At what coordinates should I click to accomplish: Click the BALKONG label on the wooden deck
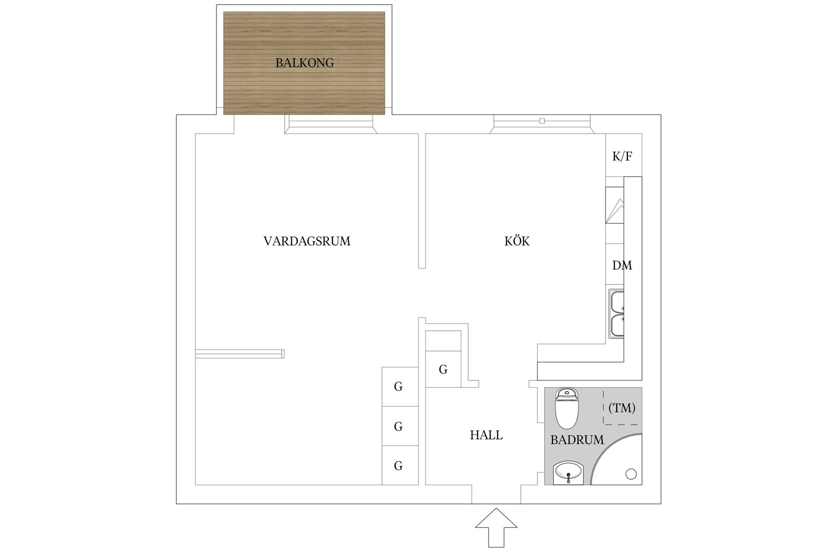(x=305, y=63)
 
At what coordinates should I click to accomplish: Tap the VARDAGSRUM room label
(x=307, y=241)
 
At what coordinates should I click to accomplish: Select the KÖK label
(x=517, y=241)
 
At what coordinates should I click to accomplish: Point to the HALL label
(x=486, y=435)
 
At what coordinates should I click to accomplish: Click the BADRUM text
(x=577, y=440)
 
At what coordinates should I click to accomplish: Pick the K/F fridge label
(x=622, y=156)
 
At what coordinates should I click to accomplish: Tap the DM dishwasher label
(x=622, y=265)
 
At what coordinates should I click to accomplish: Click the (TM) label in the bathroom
(x=622, y=408)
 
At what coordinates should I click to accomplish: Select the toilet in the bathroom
(x=567, y=408)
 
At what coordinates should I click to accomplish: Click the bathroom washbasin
(x=568, y=473)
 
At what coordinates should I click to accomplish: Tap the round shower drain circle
(x=631, y=474)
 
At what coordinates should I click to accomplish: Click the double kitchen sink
(x=616, y=314)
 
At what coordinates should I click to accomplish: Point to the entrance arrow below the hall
(x=496, y=527)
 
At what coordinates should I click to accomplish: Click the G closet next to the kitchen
(x=443, y=369)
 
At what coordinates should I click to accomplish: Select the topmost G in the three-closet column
(x=398, y=387)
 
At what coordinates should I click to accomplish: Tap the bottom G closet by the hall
(x=398, y=466)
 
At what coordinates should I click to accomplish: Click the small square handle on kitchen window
(x=542, y=121)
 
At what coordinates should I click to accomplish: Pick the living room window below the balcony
(x=331, y=124)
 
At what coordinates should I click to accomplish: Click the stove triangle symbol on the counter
(x=615, y=211)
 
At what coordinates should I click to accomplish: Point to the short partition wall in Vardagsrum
(x=239, y=354)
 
